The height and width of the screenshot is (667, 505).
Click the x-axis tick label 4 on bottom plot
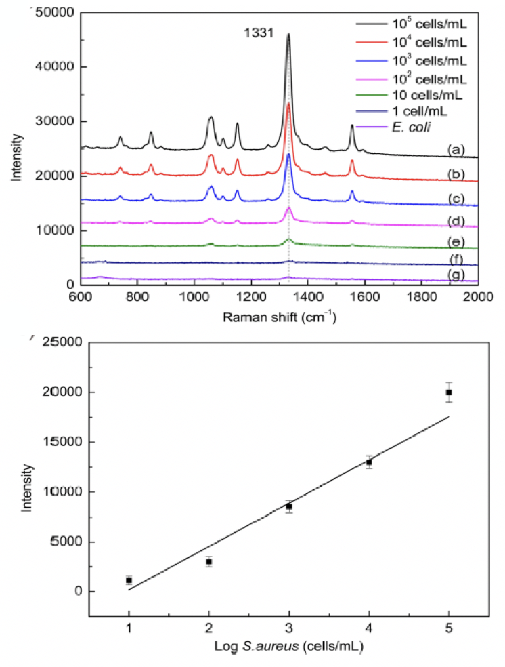(x=368, y=628)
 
